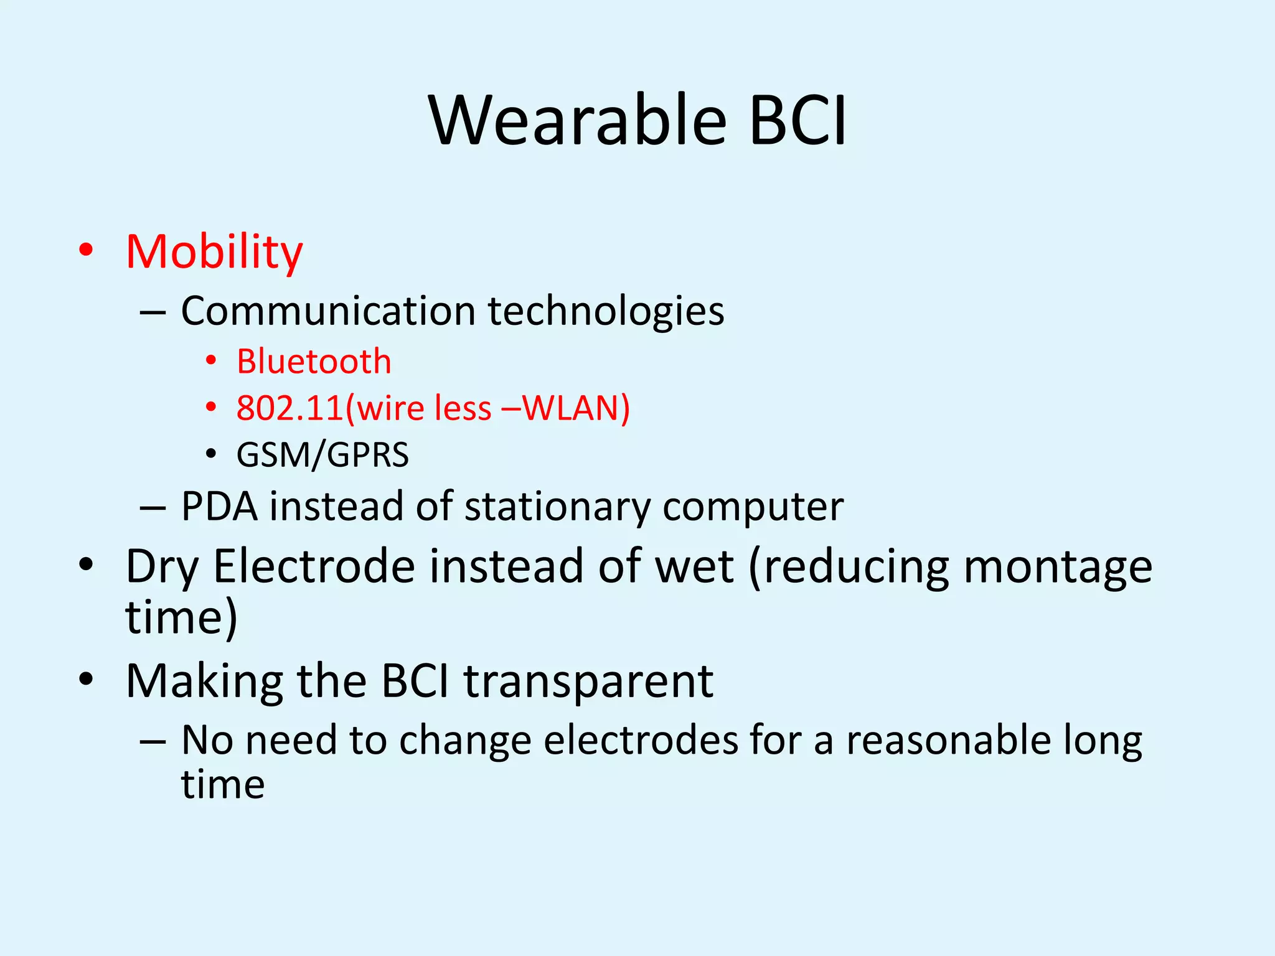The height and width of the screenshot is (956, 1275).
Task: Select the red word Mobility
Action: [x=214, y=252]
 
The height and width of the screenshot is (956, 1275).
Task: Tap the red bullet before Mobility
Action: [x=86, y=250]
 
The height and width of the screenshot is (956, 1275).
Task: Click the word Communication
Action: [x=328, y=311]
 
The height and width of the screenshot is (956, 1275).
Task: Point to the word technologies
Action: [x=606, y=311]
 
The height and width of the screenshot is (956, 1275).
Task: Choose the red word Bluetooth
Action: [x=314, y=362]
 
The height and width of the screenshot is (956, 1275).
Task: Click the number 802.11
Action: [x=290, y=408]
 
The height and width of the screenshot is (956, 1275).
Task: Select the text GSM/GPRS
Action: [x=322, y=455]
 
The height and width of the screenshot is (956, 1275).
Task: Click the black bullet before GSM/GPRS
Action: [x=211, y=454]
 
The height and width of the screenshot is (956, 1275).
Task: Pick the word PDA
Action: [x=219, y=506]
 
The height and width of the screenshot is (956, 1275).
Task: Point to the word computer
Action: [x=753, y=506]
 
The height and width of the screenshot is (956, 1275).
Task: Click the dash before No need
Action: [x=153, y=742]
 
